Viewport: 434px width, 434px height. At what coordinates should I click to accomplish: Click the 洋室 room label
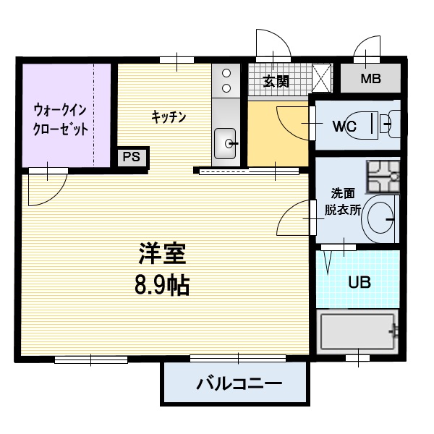tap(163, 255)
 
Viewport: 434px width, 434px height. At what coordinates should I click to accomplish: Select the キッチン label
tap(169, 116)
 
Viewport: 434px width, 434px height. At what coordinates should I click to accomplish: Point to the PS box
tap(132, 156)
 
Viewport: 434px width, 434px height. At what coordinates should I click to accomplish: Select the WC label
tap(344, 126)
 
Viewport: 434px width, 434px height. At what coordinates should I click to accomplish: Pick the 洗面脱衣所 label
tap(342, 202)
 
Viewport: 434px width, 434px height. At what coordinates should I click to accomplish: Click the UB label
tap(359, 282)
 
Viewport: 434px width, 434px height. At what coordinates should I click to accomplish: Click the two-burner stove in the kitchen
tap(226, 80)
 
